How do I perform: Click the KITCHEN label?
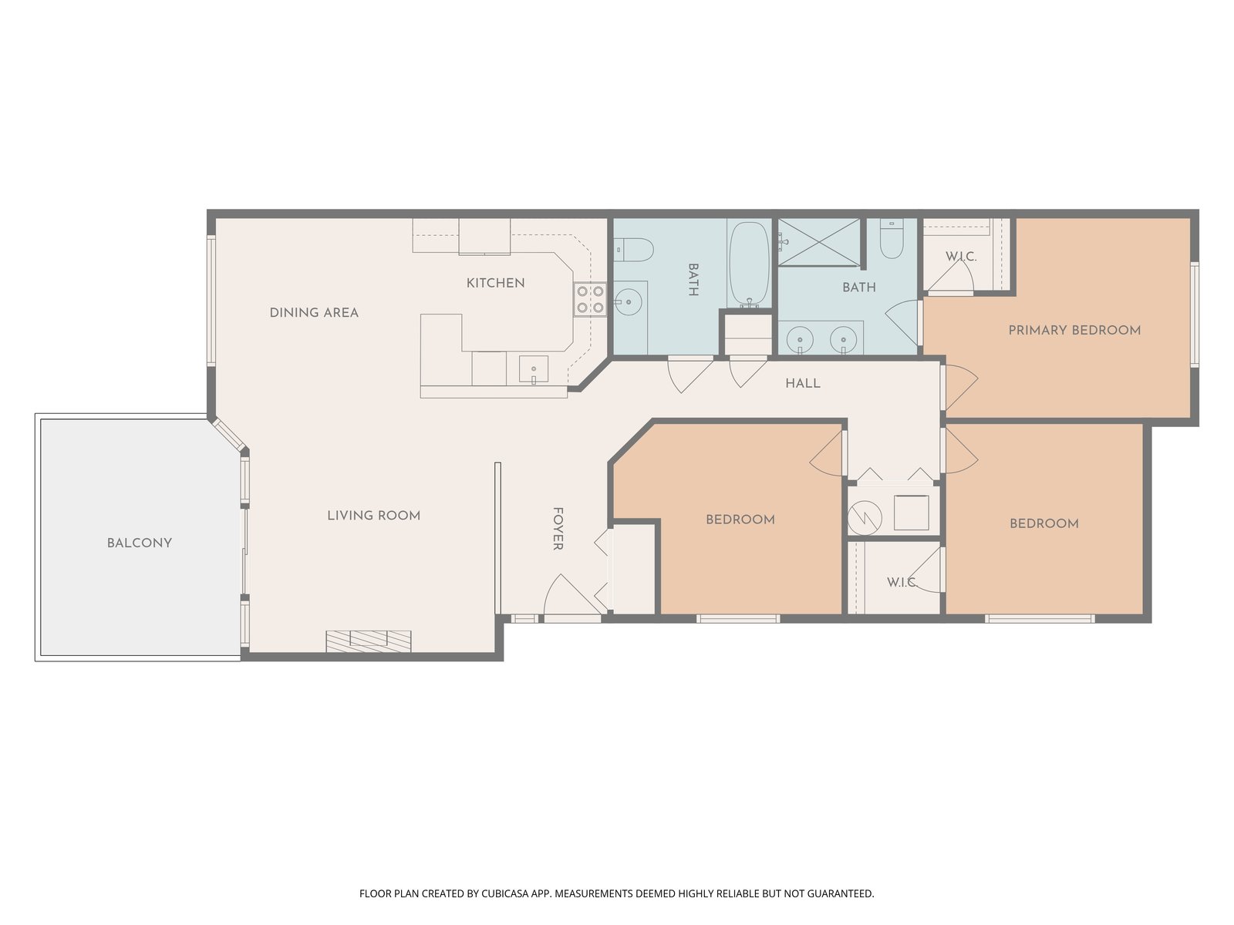pyautogui.click(x=495, y=283)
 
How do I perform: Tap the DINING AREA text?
pyautogui.click(x=314, y=313)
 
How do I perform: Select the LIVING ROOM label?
pyautogui.click(x=374, y=516)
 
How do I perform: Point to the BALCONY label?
pyautogui.click(x=140, y=543)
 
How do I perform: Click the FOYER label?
pyautogui.click(x=558, y=529)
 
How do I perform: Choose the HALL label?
pyautogui.click(x=803, y=384)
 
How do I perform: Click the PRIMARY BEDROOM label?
pyautogui.click(x=1074, y=330)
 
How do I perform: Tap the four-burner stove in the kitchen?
pyautogui.click(x=590, y=299)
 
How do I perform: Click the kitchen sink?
pyautogui.click(x=533, y=369)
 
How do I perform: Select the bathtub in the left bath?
pyautogui.click(x=749, y=264)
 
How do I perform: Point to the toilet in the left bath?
pyautogui.click(x=633, y=249)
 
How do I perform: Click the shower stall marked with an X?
pyautogui.click(x=819, y=241)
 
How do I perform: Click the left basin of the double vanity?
pyautogui.click(x=800, y=338)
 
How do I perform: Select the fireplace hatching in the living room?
pyautogui.click(x=368, y=641)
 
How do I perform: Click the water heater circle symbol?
pyautogui.click(x=865, y=517)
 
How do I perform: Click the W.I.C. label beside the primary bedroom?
pyautogui.click(x=961, y=257)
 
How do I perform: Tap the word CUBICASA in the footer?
pyautogui.click(x=505, y=893)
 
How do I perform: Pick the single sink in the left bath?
pyautogui.click(x=629, y=302)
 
